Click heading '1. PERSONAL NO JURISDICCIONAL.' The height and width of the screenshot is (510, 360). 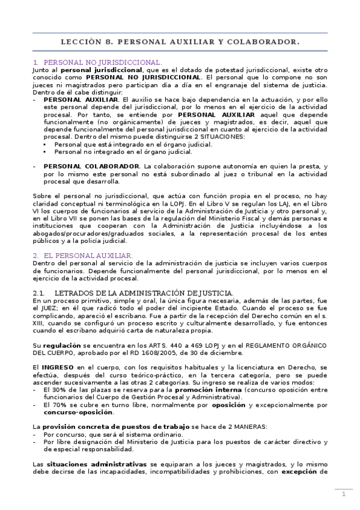click(x=97, y=62)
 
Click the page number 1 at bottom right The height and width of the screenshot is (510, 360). click(x=343, y=494)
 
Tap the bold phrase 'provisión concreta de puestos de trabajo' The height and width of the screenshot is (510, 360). click(x=104, y=426)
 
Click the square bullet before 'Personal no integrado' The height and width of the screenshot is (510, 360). click(x=45, y=152)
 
